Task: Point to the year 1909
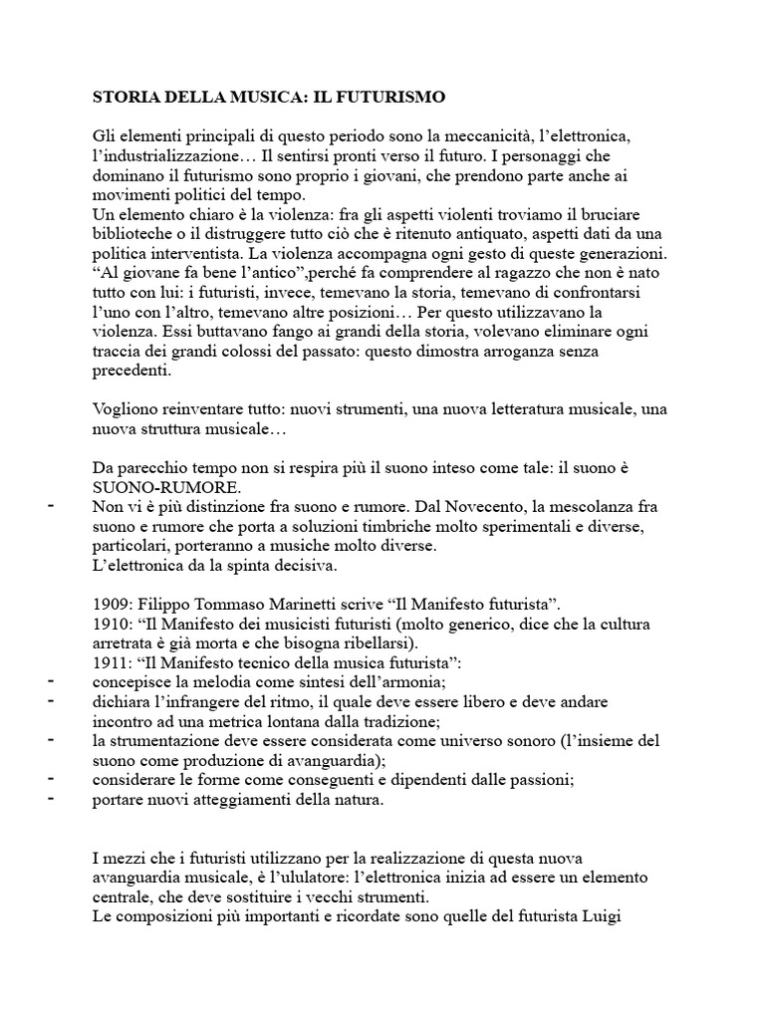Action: (x=112, y=605)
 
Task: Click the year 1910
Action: (x=112, y=625)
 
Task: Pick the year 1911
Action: (x=112, y=663)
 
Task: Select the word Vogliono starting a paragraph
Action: (x=126, y=409)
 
